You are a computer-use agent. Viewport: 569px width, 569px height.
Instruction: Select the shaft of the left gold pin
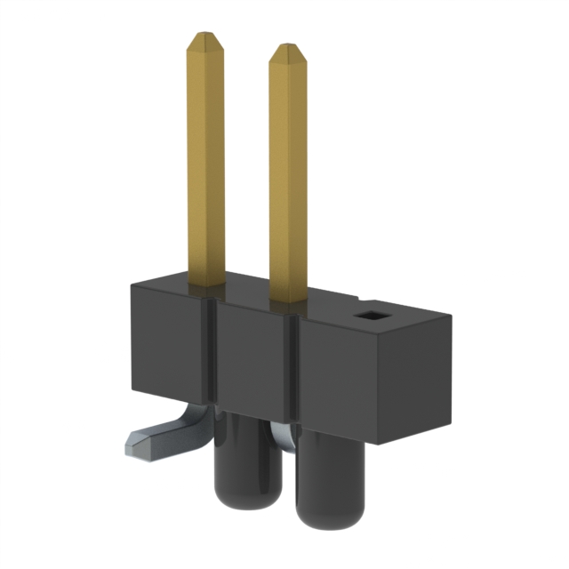coord(205,160)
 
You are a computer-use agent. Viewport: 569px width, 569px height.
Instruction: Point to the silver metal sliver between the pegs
coord(278,436)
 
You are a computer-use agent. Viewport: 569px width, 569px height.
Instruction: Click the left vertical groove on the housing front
coord(213,356)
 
